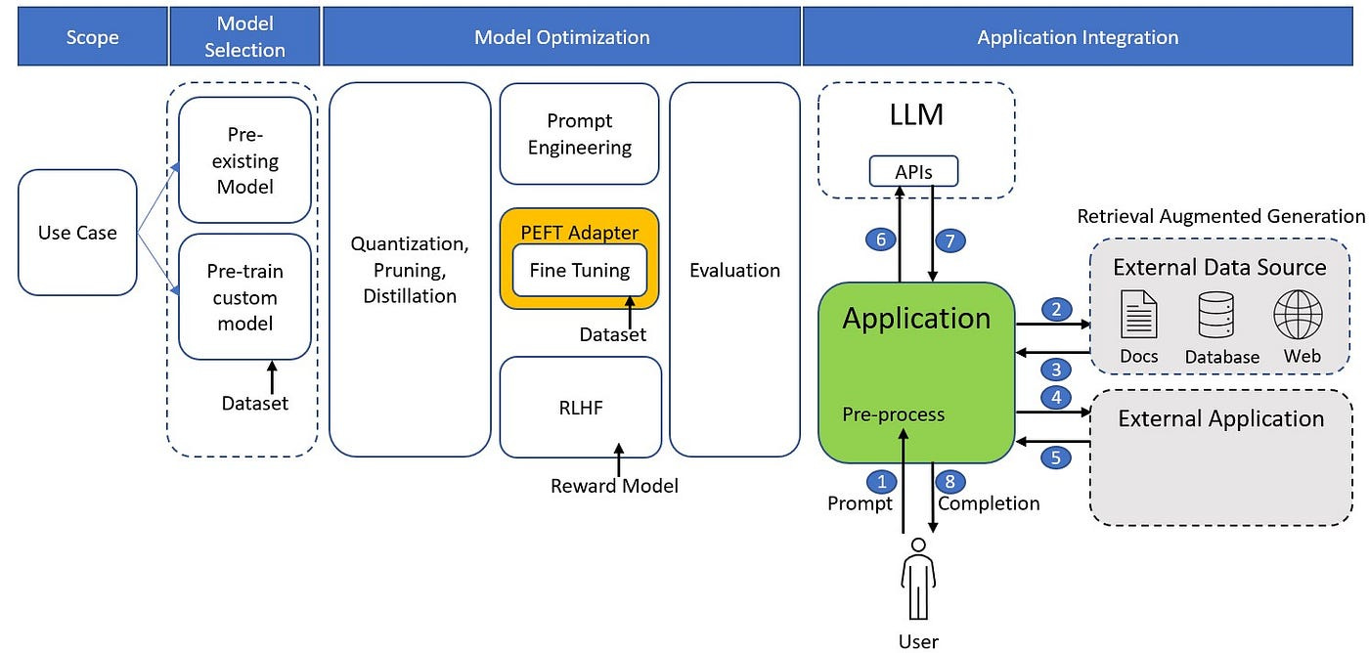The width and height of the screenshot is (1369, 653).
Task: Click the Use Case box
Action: click(77, 233)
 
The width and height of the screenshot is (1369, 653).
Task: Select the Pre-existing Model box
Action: click(244, 160)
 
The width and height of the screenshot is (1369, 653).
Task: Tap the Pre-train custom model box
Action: click(244, 297)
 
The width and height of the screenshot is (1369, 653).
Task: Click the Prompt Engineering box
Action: click(580, 134)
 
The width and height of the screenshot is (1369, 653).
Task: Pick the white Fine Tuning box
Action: click(580, 271)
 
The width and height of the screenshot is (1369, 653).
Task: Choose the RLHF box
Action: click(580, 408)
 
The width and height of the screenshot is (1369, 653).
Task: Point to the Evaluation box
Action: click(734, 270)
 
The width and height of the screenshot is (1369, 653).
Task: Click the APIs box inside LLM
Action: click(913, 172)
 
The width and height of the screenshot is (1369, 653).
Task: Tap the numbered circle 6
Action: click(880, 239)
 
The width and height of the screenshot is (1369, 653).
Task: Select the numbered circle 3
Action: click(1056, 369)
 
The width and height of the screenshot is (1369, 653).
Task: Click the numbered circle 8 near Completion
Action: click(949, 481)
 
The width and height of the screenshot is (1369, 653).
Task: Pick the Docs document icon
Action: click(1139, 316)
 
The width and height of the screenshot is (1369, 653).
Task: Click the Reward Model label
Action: click(614, 486)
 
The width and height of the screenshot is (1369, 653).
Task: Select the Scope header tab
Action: click(92, 38)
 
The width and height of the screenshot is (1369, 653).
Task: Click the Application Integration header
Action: click(1078, 38)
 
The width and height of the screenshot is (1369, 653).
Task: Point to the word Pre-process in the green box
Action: click(893, 414)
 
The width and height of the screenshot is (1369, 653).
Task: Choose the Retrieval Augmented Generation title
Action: click(1220, 216)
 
